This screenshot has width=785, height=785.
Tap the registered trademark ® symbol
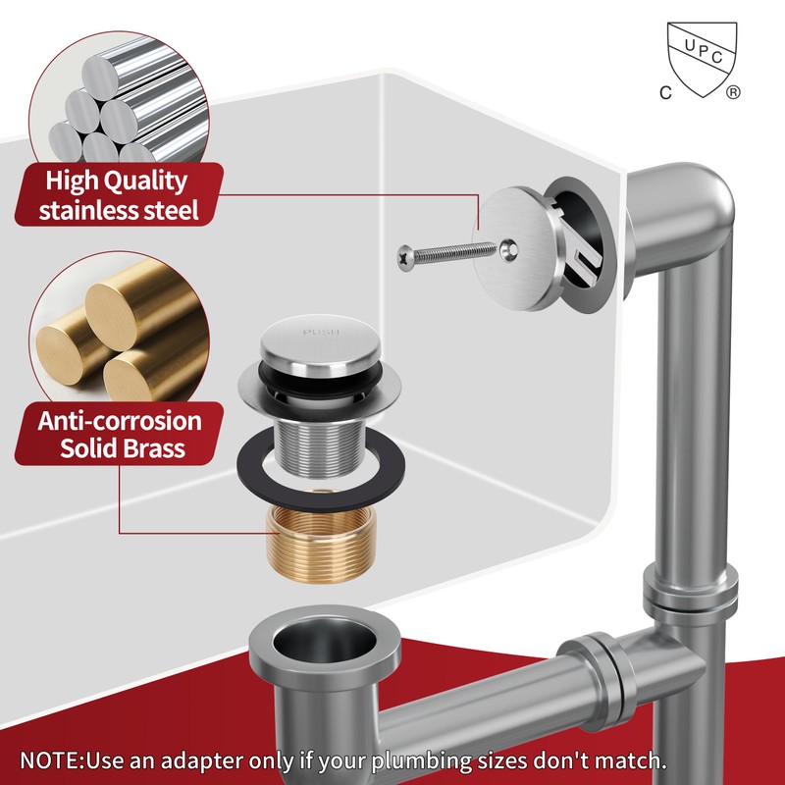(x=733, y=93)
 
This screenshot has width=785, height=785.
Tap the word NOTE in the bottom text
(x=52, y=760)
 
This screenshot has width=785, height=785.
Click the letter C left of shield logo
(x=664, y=93)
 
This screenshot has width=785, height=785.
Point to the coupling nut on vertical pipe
(x=690, y=593)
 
